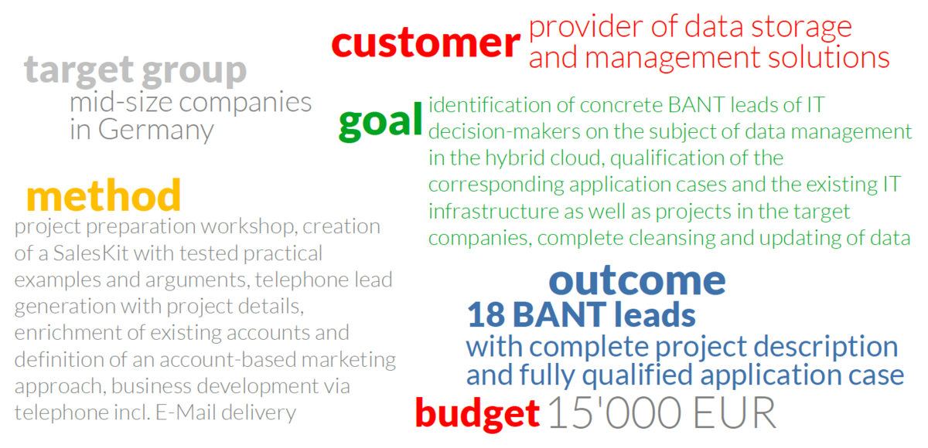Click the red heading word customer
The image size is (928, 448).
(425, 43)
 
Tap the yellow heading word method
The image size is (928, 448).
(104, 195)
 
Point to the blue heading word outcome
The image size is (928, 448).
(637, 280)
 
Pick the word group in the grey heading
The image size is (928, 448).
(194, 72)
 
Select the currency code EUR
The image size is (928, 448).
(734, 412)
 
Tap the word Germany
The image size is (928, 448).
(155, 131)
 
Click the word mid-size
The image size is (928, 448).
(121, 102)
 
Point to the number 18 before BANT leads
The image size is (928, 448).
(486, 315)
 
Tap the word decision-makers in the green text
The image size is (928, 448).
(504, 131)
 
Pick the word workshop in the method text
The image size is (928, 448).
(247, 226)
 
